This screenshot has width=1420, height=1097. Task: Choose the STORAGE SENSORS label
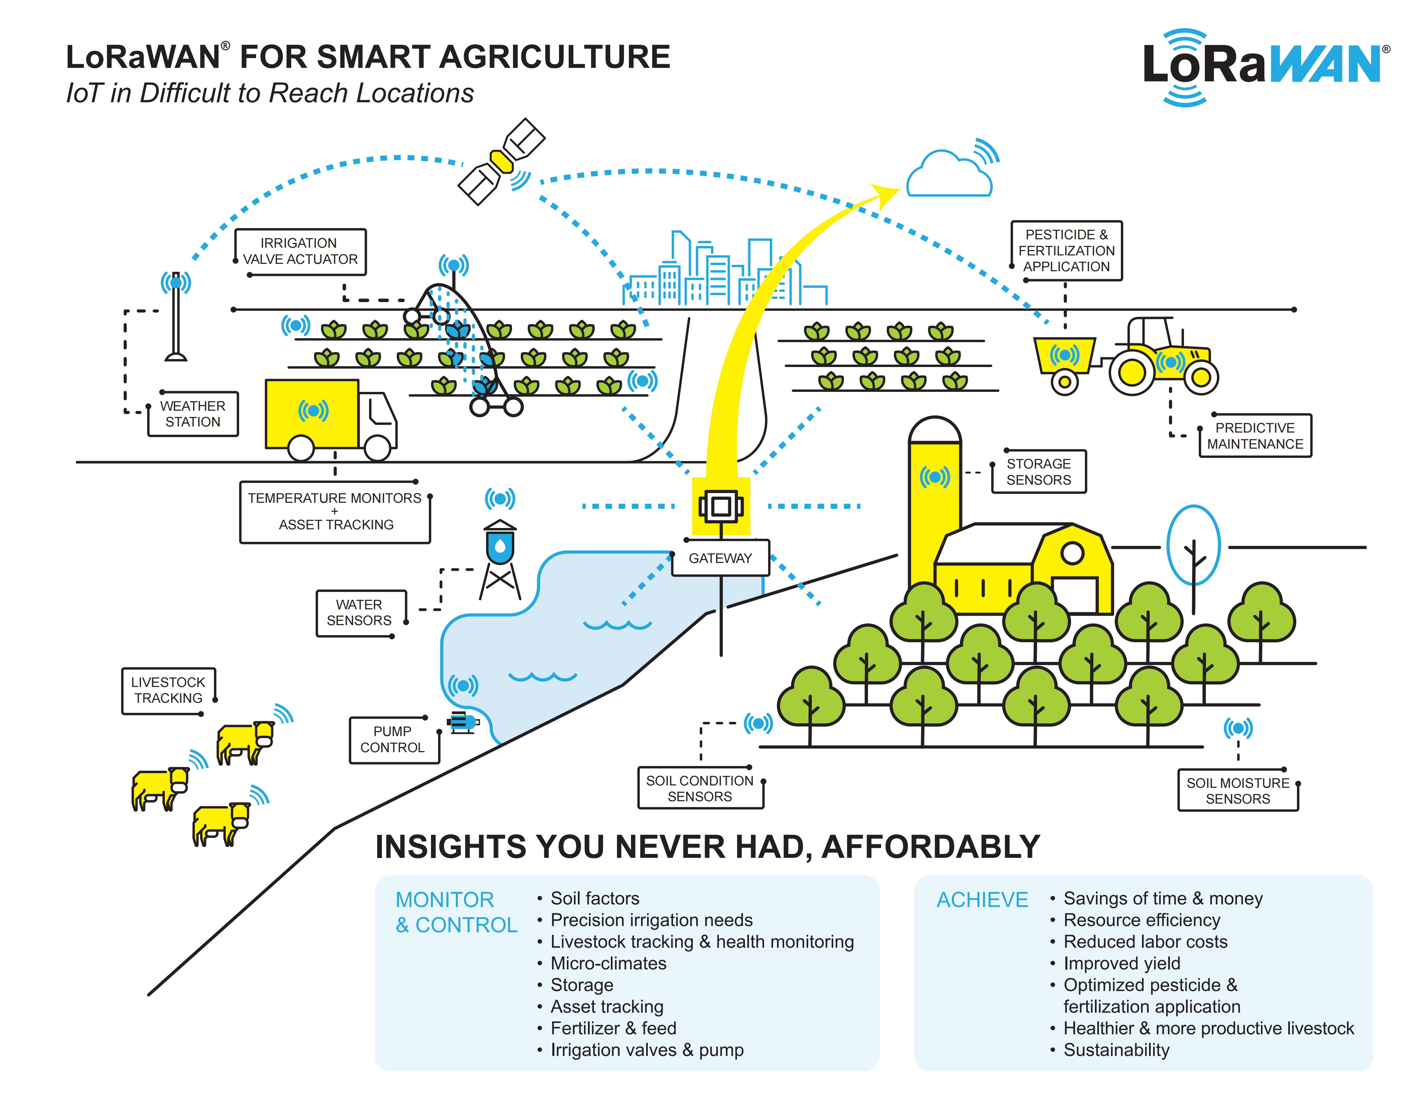pos(1038,472)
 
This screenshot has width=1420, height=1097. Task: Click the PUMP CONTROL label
pos(393,739)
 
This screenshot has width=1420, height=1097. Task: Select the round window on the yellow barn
pos(1071,554)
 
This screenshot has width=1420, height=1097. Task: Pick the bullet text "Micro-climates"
pos(608,963)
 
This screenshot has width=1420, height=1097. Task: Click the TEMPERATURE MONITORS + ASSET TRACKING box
pos(335,512)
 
